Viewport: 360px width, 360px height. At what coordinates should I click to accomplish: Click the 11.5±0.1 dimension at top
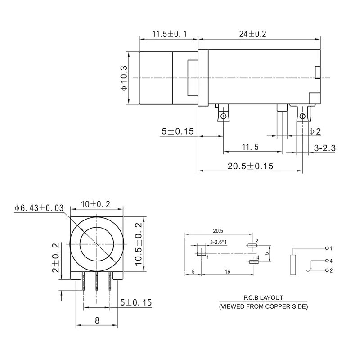[169, 34]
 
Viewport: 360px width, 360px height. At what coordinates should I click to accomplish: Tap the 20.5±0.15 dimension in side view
[250, 166]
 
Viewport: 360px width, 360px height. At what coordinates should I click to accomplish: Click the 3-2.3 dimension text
[324, 148]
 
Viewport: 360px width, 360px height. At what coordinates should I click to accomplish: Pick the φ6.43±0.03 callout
[39, 208]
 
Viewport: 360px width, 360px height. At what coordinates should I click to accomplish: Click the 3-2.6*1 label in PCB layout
[219, 243]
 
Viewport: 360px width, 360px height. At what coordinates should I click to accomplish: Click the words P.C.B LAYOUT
[263, 297]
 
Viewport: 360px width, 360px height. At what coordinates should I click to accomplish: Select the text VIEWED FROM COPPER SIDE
[263, 306]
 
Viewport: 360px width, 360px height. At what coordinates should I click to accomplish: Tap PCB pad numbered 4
[254, 261]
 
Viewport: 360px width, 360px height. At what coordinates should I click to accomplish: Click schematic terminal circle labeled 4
[326, 261]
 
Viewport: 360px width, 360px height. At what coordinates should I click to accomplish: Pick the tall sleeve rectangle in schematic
[293, 264]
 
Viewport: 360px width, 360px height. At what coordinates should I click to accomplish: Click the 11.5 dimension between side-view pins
[250, 147]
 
